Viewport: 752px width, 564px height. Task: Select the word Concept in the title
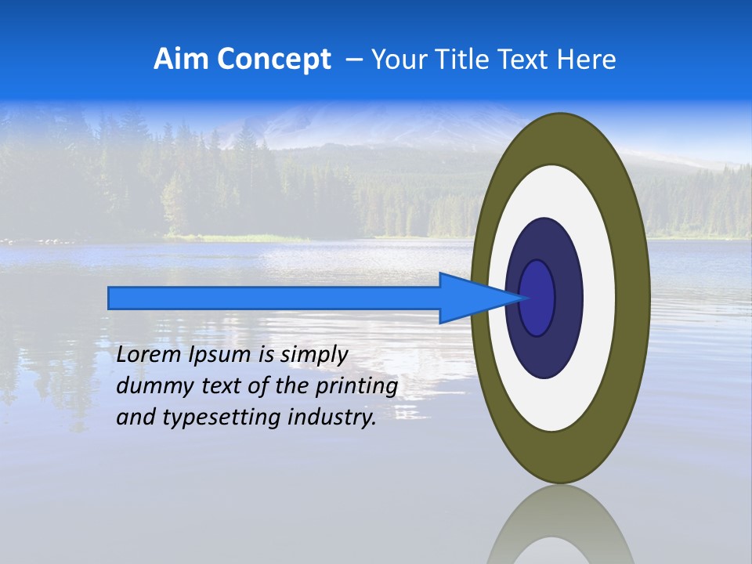[x=273, y=60]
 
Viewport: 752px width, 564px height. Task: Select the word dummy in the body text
[x=146, y=386]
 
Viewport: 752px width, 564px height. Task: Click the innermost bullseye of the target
[x=537, y=298]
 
